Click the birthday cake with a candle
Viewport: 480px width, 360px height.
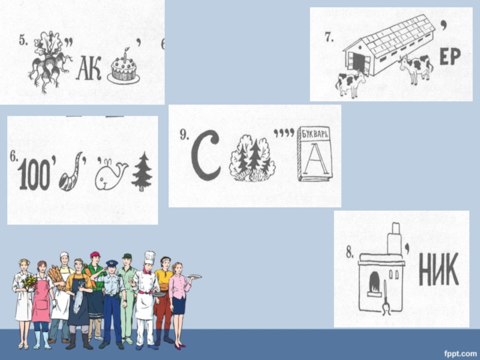click(x=124, y=68)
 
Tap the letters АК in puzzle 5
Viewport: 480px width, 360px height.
click(x=89, y=70)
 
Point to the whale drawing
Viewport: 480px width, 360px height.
click(x=111, y=175)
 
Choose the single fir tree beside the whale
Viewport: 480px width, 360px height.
click(x=142, y=172)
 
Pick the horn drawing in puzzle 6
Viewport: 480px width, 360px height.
click(x=71, y=172)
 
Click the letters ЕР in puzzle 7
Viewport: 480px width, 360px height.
click(x=450, y=57)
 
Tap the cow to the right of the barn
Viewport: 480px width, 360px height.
click(x=415, y=69)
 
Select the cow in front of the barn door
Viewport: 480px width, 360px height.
click(x=350, y=83)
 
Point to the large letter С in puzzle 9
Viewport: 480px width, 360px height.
click(x=205, y=155)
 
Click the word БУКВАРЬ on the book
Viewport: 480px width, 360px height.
click(x=314, y=134)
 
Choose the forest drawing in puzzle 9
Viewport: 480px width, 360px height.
click(x=252, y=158)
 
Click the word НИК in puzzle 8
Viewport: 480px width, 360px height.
click(x=439, y=269)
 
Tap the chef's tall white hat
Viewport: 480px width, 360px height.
click(x=149, y=258)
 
